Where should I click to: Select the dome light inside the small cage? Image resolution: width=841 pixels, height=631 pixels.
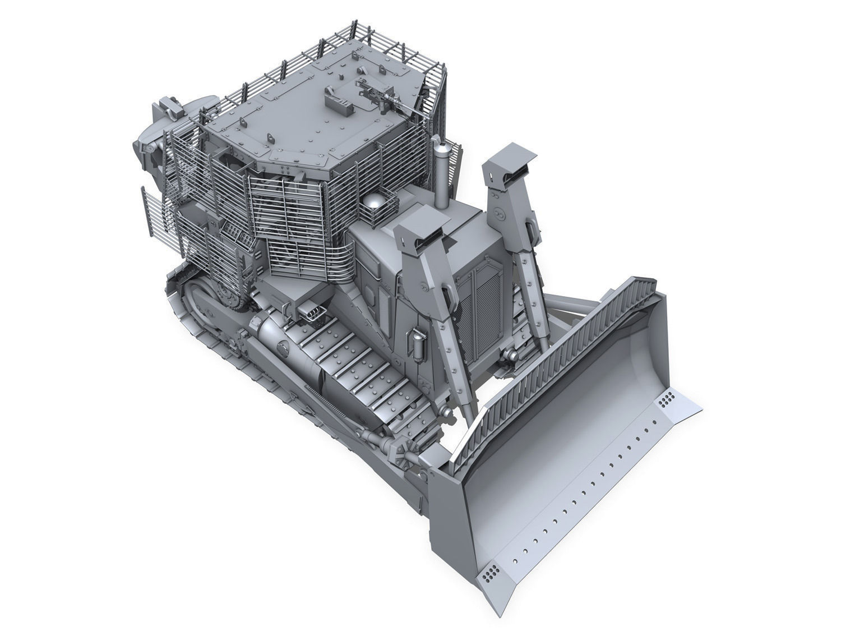tap(374, 203)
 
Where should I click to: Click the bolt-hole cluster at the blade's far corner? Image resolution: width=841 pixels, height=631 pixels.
tap(667, 400)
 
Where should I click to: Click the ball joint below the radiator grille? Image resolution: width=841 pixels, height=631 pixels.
tap(511, 355)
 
